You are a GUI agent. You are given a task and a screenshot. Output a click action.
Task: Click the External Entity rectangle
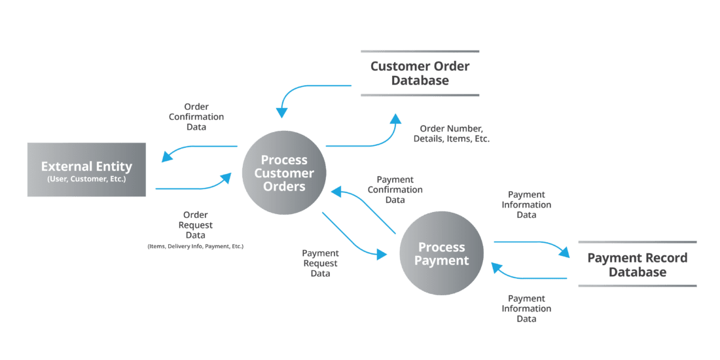pyautogui.click(x=86, y=170)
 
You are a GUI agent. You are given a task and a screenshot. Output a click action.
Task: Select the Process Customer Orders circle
pyautogui.click(x=284, y=173)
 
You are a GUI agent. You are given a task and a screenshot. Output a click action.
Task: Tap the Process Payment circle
pyautogui.click(x=442, y=253)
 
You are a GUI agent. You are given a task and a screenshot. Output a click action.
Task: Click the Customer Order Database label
pyautogui.click(x=420, y=73)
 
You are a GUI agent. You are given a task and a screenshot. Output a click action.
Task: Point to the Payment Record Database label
pyautogui.click(x=637, y=264)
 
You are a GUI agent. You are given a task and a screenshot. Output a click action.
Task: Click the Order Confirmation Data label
pyautogui.click(x=196, y=117)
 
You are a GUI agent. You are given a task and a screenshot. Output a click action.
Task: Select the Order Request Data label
pyautogui.click(x=195, y=225)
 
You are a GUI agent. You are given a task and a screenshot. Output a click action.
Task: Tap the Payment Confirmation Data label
pyautogui.click(x=395, y=190)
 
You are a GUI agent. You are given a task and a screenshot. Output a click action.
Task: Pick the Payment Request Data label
pyautogui.click(x=320, y=263)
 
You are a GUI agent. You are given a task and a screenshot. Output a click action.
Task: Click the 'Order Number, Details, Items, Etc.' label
pyautogui.click(x=452, y=134)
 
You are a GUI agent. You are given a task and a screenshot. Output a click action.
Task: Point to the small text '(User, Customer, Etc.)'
pyautogui.click(x=86, y=179)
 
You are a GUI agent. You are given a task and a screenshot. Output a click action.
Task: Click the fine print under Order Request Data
pyautogui.click(x=195, y=246)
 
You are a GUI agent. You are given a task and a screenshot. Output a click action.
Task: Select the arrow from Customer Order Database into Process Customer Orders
pyautogui.click(x=308, y=88)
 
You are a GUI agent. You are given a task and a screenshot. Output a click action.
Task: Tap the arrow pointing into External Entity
pyautogui.click(x=196, y=148)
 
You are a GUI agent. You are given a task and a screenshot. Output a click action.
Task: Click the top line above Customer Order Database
pyautogui.click(x=420, y=51)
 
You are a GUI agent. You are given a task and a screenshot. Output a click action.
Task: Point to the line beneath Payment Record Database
pyautogui.click(x=637, y=285)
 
